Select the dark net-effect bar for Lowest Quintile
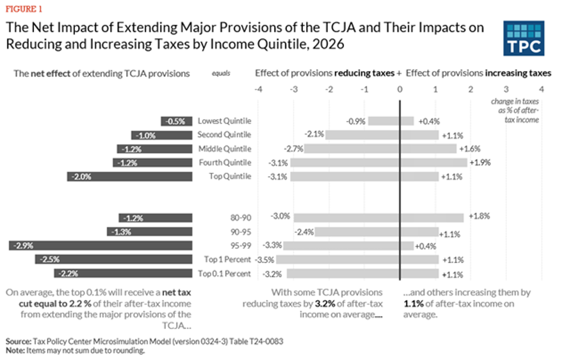pyautogui.click(x=176, y=121)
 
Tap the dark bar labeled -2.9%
pyautogui.click(x=100, y=245)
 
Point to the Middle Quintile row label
pyautogui.click(x=224, y=149)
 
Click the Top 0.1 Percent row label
pyautogui.click(x=224, y=273)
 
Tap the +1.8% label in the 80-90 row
pyautogui.click(x=479, y=216)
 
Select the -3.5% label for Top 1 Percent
pyautogui.click(x=264, y=260)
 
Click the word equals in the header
pyautogui.click(x=221, y=74)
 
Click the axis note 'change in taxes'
pyautogui.click(x=514, y=102)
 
